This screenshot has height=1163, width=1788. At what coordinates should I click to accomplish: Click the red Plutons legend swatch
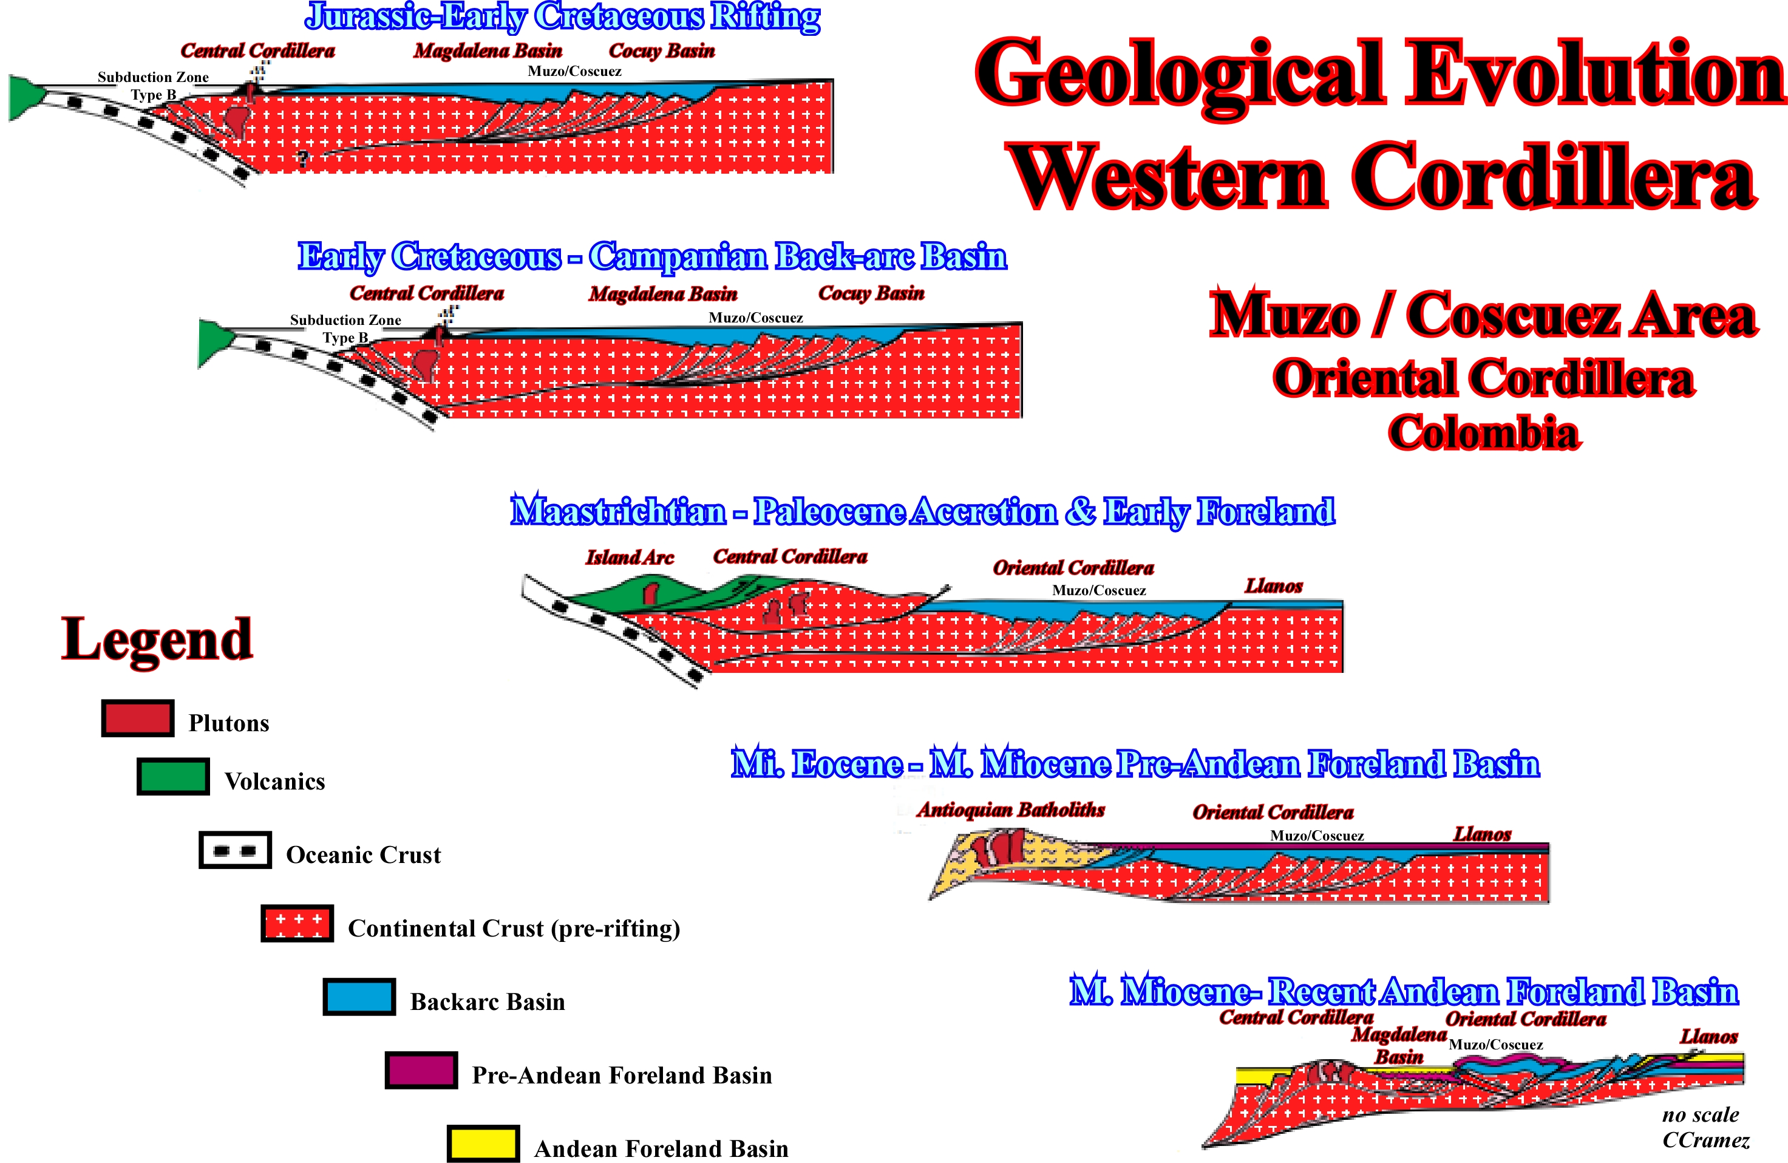pyautogui.click(x=138, y=718)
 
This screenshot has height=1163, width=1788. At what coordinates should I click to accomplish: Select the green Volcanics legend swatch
pyautogui.click(x=173, y=777)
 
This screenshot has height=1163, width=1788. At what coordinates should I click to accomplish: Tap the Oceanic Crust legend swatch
pyautogui.click(x=235, y=850)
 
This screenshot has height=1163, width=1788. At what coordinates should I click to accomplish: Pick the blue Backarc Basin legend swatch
pyautogui.click(x=359, y=997)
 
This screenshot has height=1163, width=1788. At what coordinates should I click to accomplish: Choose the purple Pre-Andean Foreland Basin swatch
pyautogui.click(x=421, y=1070)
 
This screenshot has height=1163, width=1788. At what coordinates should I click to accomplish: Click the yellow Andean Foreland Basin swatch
pyautogui.click(x=483, y=1144)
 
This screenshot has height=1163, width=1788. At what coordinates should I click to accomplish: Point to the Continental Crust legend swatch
pyautogui.click(x=297, y=923)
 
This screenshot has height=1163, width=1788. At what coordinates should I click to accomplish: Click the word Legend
pyautogui.click(x=157, y=639)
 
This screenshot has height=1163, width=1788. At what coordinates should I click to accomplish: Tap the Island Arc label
pyautogui.click(x=630, y=558)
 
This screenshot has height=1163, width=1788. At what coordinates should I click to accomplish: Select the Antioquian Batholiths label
pyautogui.click(x=1010, y=810)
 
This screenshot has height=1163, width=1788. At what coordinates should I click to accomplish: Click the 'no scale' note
pyautogui.click(x=1700, y=1115)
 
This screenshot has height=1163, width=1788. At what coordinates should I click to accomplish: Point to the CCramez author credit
pyautogui.click(x=1705, y=1141)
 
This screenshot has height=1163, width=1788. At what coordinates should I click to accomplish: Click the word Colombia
pyautogui.click(x=1484, y=434)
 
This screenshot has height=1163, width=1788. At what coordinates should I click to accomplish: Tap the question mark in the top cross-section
pyautogui.click(x=303, y=159)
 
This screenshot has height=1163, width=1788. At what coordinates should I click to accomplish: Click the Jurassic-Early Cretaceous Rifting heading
pyautogui.click(x=563, y=17)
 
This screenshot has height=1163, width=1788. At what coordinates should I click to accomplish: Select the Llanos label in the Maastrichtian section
pyautogui.click(x=1274, y=586)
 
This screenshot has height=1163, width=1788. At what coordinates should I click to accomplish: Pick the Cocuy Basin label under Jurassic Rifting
pyautogui.click(x=662, y=51)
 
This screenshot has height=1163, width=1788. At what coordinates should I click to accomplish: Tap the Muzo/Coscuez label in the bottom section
pyautogui.click(x=1496, y=1045)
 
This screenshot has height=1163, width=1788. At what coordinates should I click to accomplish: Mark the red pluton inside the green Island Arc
pyautogui.click(x=651, y=592)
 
